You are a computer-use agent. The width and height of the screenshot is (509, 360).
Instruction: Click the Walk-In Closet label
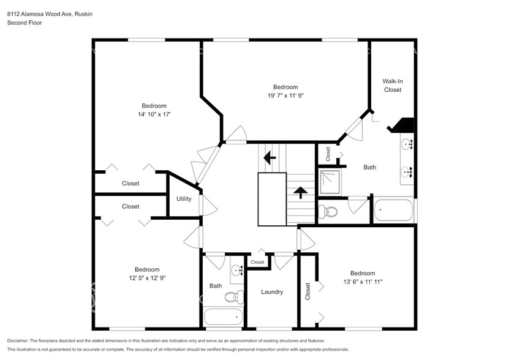[392, 85]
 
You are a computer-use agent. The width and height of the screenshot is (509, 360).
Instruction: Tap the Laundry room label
[271, 292]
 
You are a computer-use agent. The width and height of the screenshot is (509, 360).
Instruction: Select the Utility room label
[184, 198]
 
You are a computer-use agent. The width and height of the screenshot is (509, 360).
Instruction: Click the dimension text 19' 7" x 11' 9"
[285, 96]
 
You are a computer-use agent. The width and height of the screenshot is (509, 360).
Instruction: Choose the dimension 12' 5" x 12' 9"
[147, 278]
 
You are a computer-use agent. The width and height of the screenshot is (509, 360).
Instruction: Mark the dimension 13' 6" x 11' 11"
[362, 282]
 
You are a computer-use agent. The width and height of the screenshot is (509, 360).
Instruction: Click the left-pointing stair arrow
[269, 158]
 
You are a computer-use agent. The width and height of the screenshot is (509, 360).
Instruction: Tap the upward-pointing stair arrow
[300, 193]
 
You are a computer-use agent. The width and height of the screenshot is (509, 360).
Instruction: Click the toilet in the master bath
[330, 212]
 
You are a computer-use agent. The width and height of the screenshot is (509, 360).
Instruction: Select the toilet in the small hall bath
[231, 297]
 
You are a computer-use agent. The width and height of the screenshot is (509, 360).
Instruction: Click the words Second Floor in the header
[25, 23]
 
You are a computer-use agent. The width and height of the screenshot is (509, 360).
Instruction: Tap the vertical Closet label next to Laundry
[307, 294]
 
